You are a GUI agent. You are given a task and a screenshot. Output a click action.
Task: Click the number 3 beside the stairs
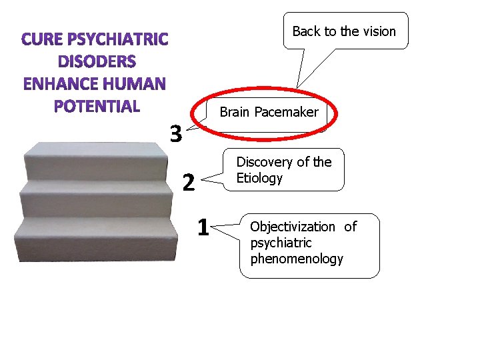[175, 134]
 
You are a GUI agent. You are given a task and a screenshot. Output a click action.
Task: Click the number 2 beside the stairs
[189, 181]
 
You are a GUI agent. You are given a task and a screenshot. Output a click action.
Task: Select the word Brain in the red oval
[234, 112]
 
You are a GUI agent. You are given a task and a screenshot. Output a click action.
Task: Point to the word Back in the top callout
[307, 31]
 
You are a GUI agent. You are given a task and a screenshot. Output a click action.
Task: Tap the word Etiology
[259, 178]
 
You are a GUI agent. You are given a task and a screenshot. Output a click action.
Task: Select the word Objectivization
[293, 227]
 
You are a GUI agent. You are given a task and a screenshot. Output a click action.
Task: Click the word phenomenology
[297, 259]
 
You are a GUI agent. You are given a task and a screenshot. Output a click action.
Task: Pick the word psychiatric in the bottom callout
[281, 243]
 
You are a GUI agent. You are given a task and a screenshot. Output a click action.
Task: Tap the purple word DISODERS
[97, 62]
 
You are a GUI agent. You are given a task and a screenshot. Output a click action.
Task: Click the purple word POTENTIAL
[97, 106]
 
